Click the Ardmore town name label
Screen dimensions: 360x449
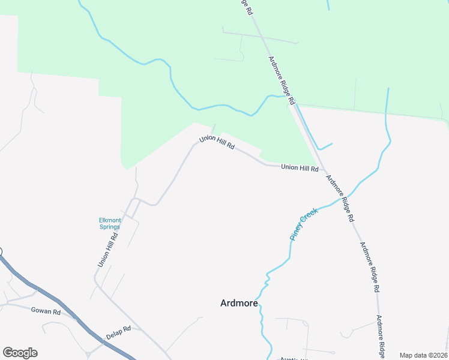239,303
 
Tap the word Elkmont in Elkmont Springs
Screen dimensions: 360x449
110,220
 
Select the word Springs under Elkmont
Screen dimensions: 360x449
110,227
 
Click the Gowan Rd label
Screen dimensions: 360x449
46,312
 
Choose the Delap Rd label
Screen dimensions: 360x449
118,332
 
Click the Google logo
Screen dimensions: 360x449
20,353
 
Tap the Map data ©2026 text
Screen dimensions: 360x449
423,355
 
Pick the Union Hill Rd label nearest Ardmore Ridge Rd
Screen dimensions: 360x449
300,169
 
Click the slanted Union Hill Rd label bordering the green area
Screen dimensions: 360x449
217,145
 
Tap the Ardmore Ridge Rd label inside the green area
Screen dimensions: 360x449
282,80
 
